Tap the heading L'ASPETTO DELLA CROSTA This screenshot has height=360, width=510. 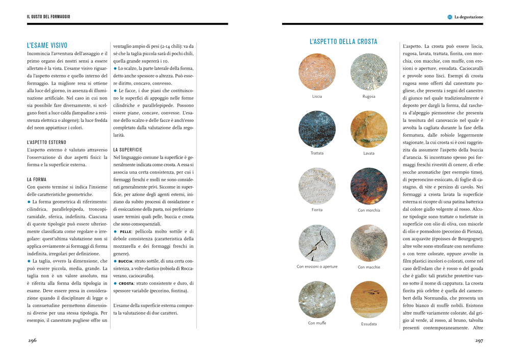point(343,42)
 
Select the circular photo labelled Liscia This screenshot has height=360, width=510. point(317,72)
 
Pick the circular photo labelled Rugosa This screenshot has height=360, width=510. point(369,72)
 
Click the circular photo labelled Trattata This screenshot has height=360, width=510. point(317,129)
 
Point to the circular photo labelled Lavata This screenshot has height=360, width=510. point(369,129)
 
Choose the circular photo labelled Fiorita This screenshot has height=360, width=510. point(317,186)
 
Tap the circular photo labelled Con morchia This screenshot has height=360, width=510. point(369,186)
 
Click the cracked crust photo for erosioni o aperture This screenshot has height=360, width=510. point(317,243)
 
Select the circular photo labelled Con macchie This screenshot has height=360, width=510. point(369,243)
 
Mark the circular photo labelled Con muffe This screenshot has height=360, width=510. point(317,300)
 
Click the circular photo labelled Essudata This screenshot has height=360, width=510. point(369,300)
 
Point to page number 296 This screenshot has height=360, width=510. point(32,340)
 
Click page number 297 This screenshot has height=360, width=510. point(479,340)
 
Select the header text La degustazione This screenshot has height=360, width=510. point(469,17)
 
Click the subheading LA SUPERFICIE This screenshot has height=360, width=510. point(128,150)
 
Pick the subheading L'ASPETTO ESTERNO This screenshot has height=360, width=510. point(46,142)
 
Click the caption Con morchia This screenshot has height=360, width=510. point(369,210)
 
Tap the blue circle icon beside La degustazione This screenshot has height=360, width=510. point(450,17)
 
